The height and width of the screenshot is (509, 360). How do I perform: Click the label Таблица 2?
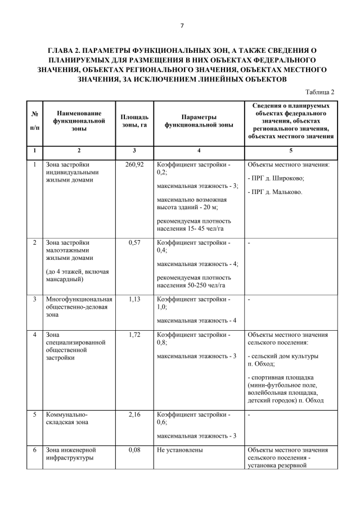(x=319, y=92)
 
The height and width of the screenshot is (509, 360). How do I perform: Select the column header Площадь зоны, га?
(x=134, y=120)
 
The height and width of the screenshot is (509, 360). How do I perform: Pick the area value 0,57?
(x=134, y=242)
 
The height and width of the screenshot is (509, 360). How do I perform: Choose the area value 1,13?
(x=134, y=299)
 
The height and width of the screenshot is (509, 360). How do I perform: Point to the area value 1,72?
(x=134, y=335)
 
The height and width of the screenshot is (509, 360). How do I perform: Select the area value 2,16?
(x=134, y=415)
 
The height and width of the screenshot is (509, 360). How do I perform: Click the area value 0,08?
(x=134, y=450)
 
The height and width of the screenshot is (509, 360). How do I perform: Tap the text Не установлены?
(x=180, y=450)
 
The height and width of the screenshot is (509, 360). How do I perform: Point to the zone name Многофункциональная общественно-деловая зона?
(x=79, y=307)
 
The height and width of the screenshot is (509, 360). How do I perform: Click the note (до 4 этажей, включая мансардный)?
(x=77, y=275)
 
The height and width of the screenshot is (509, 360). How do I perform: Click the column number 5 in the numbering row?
(x=291, y=150)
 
